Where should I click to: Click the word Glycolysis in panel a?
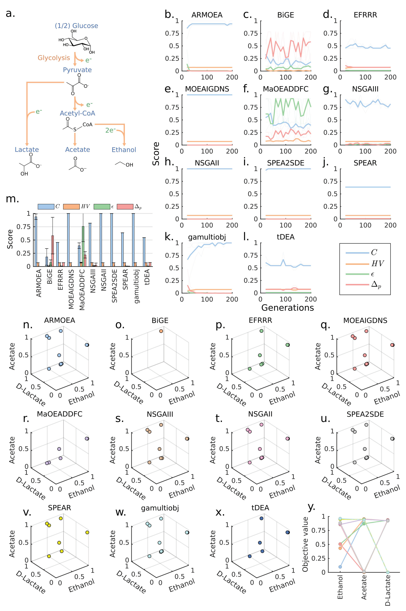coord(54,58)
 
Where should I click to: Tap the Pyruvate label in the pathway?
coord(77,70)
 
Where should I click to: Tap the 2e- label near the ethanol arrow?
coord(111,130)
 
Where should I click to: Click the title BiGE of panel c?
coord(286,15)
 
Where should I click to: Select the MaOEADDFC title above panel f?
coord(286,89)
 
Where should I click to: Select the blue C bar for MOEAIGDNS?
coord(69,240)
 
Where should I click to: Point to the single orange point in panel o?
coord(161,331)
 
